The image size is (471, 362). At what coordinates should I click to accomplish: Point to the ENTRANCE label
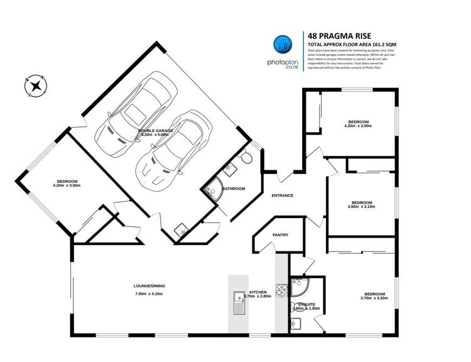click(282, 195)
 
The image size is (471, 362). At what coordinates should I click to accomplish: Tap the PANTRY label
click(280, 235)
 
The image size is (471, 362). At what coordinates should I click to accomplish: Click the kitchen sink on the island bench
click(239, 304)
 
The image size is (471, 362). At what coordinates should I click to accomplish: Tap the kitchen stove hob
click(281, 290)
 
